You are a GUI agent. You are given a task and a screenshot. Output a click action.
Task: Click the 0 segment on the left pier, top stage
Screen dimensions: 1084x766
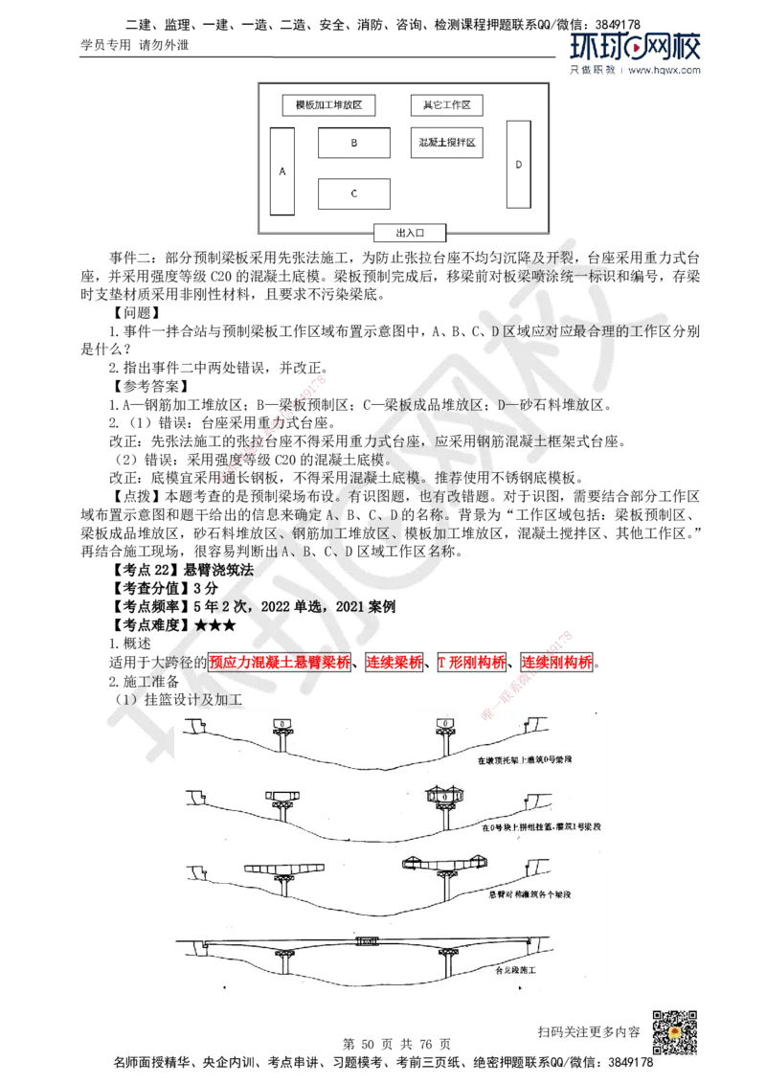[284, 722]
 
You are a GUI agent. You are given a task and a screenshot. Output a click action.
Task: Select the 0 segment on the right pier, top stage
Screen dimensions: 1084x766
[446, 721]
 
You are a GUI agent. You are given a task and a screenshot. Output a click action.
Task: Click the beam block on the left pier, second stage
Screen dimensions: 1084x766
[284, 796]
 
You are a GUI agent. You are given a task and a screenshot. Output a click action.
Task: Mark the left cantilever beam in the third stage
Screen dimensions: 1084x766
[284, 869]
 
